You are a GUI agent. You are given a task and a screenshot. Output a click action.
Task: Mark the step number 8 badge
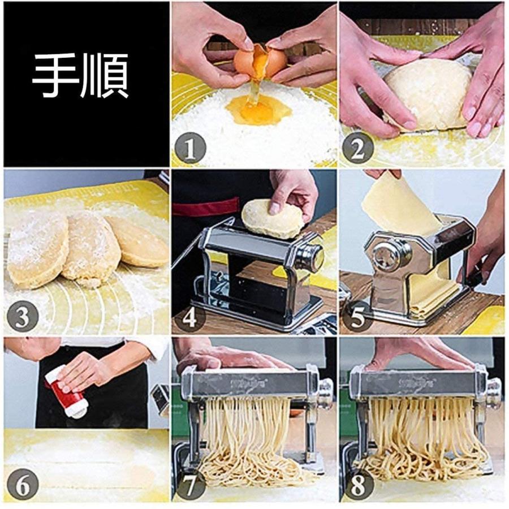357,485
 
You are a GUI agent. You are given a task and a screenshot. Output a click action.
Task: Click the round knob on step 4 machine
311,257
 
